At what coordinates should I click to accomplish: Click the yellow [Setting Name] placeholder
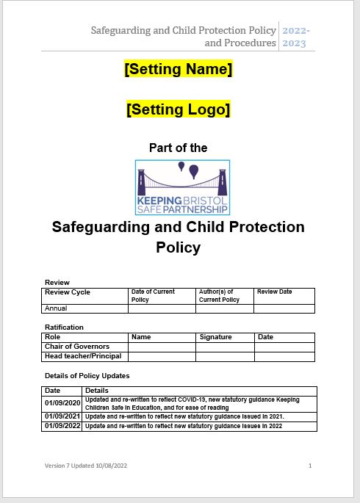(x=179, y=70)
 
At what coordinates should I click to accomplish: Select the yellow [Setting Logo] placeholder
(x=179, y=109)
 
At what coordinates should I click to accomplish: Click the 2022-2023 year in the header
(x=295, y=37)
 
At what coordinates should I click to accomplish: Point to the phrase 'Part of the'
(x=178, y=148)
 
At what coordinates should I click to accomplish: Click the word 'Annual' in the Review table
(x=57, y=308)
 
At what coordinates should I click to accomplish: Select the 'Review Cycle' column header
(x=68, y=292)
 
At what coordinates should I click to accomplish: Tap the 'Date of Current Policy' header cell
(x=153, y=295)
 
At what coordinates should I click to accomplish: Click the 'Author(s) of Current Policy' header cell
(x=219, y=295)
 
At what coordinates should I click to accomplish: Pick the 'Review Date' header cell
(x=274, y=292)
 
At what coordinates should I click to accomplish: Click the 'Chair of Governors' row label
(x=77, y=347)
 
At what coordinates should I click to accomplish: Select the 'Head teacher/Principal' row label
(x=83, y=356)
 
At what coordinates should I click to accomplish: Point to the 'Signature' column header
(x=215, y=337)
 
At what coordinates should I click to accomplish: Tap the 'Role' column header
(x=53, y=337)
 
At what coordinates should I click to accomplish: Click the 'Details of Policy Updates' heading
(x=87, y=375)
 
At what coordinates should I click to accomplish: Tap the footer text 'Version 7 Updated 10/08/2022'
(x=85, y=466)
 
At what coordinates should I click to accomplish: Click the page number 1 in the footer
(x=310, y=466)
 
